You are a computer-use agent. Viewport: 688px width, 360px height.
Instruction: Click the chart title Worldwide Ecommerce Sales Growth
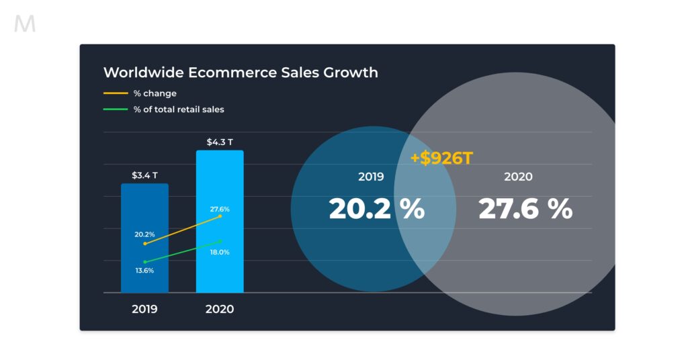[241, 73]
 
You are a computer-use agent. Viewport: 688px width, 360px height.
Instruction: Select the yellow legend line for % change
[116, 93]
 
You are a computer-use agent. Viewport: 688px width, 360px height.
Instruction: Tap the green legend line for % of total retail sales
[116, 109]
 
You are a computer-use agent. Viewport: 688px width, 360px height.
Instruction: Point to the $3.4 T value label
[144, 176]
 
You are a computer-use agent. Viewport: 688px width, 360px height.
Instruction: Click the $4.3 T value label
[220, 142]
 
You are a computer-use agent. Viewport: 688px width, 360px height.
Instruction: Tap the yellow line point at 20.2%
[145, 244]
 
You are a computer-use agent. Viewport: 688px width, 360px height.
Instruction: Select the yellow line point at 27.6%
[220, 216]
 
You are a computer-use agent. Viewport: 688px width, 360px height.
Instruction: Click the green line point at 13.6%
[145, 261]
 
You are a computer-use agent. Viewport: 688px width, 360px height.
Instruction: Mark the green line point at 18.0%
[220, 241]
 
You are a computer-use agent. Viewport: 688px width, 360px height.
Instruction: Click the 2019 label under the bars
[144, 310]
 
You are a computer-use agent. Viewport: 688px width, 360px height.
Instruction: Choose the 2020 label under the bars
[220, 310]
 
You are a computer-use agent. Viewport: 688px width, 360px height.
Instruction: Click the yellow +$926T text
[441, 159]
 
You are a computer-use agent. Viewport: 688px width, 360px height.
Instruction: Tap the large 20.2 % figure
[376, 210]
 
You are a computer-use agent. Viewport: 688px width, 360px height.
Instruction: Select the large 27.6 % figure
[525, 210]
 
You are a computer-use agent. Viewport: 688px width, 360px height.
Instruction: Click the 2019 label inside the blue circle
[371, 177]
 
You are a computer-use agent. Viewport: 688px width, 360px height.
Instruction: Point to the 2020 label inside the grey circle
[518, 177]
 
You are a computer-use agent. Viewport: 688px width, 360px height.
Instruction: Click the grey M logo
[25, 25]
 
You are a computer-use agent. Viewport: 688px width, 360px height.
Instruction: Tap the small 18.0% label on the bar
[220, 253]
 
